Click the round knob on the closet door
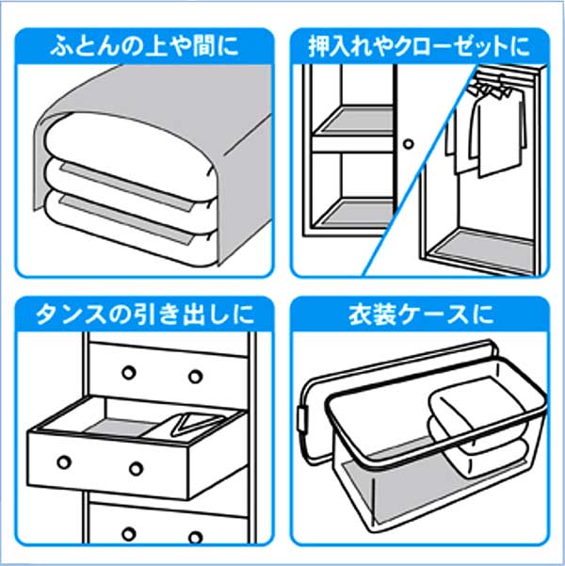(x=409, y=145)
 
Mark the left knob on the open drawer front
(x=65, y=461)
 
